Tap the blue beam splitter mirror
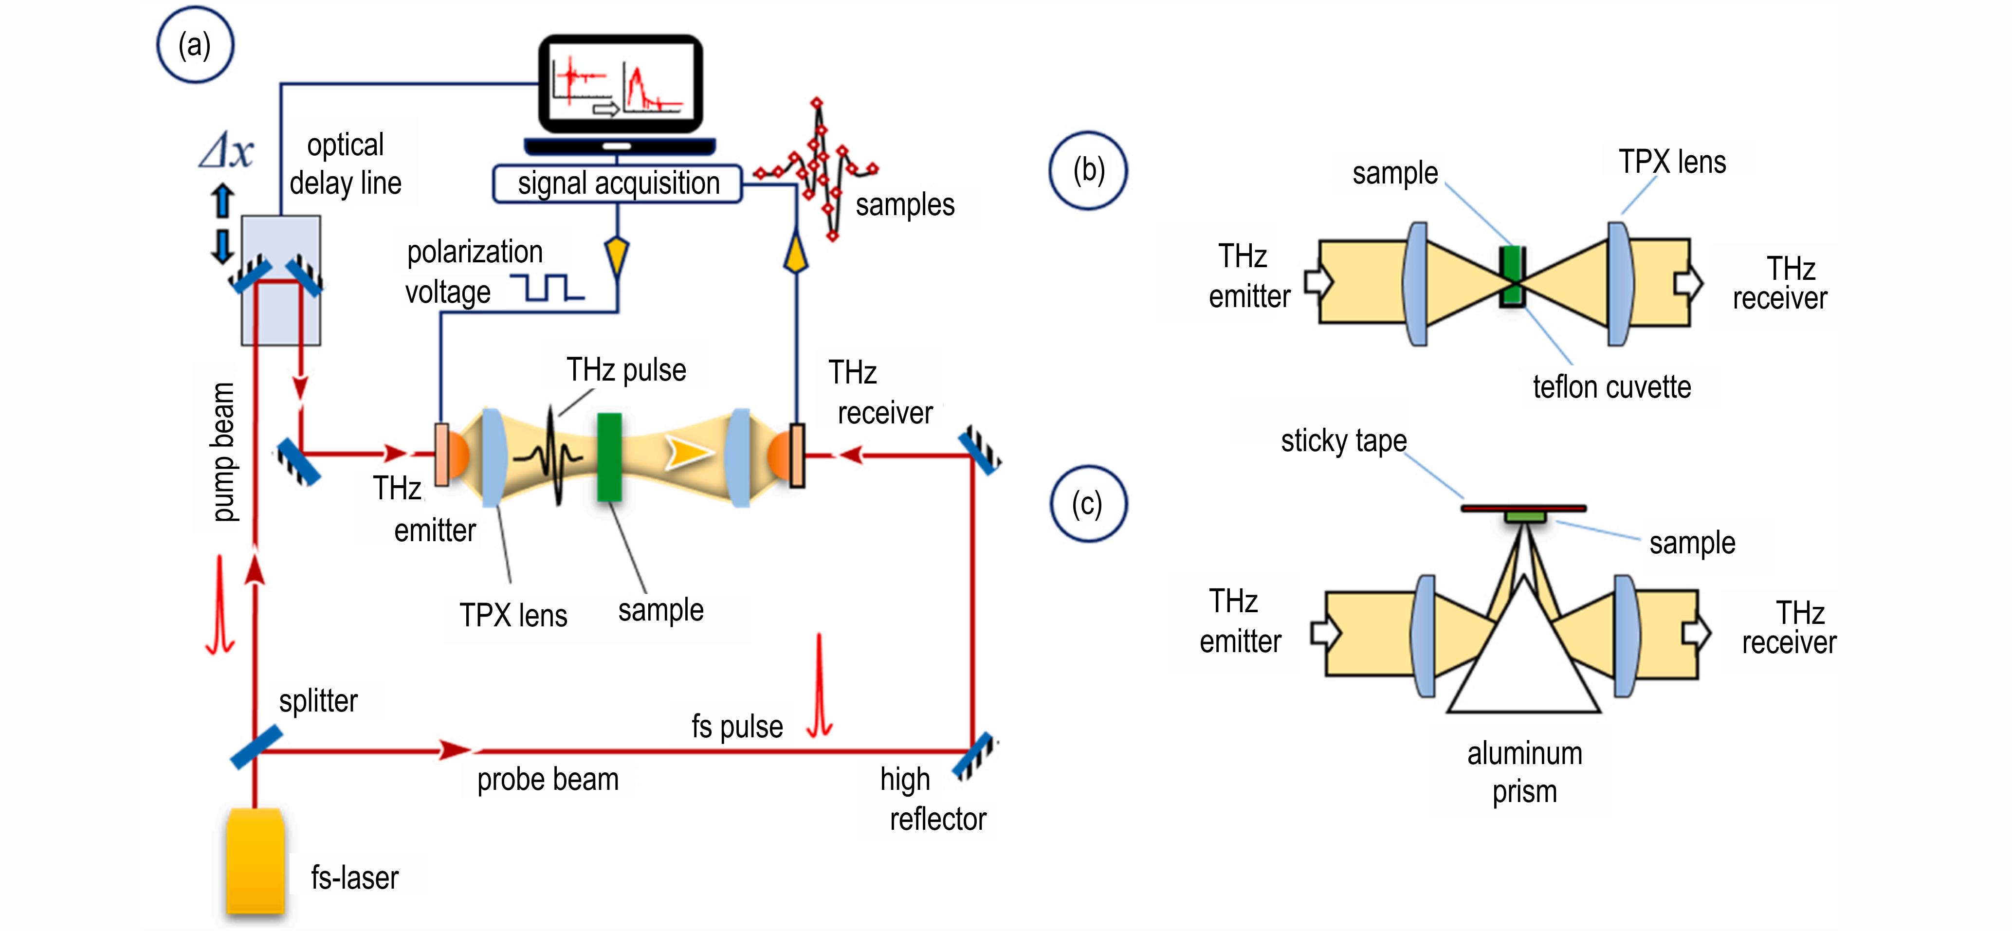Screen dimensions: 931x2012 [256, 746]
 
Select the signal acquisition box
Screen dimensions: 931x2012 [617, 183]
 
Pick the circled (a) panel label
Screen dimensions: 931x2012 [195, 45]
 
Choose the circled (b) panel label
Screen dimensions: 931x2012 [1088, 170]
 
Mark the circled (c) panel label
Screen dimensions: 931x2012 [1087, 504]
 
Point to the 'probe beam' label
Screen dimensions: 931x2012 [548, 780]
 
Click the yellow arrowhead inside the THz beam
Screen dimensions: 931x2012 [686, 453]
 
